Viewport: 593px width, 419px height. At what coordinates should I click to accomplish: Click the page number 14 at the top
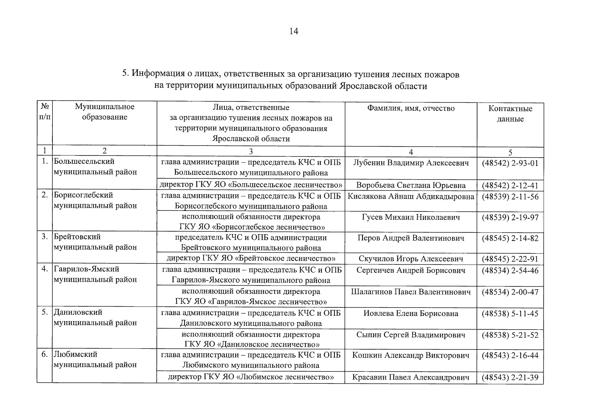click(x=294, y=31)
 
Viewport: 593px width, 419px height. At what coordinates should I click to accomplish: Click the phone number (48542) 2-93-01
click(x=510, y=163)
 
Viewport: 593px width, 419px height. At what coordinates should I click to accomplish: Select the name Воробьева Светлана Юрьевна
click(x=411, y=185)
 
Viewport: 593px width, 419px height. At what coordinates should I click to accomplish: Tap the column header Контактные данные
click(x=510, y=113)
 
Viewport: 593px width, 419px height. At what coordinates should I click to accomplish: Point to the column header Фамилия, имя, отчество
click(x=411, y=108)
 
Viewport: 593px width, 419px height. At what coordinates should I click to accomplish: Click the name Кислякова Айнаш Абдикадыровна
click(x=411, y=197)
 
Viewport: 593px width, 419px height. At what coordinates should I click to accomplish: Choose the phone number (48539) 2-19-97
click(x=510, y=218)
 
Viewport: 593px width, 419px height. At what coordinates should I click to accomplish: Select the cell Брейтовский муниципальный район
click(x=95, y=242)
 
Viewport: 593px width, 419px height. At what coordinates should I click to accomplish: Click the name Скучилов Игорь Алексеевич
click(x=411, y=259)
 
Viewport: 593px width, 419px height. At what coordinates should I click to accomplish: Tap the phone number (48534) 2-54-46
click(x=510, y=271)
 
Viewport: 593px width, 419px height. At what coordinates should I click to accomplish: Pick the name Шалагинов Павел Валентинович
click(x=411, y=292)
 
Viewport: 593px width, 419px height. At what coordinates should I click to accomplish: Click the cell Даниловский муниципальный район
click(x=95, y=317)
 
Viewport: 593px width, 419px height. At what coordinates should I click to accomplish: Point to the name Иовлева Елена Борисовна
click(x=411, y=314)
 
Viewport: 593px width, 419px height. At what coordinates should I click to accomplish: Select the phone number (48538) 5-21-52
click(x=510, y=335)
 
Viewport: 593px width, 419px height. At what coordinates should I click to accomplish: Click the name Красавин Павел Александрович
click(x=411, y=377)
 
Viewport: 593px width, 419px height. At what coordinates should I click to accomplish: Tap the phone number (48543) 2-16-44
click(x=510, y=356)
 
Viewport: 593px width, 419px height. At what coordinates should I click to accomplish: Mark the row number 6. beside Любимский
click(x=44, y=354)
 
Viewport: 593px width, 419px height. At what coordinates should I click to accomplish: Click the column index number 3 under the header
click(x=251, y=151)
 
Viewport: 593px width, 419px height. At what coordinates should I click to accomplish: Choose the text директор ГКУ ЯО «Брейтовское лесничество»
click(x=251, y=259)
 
